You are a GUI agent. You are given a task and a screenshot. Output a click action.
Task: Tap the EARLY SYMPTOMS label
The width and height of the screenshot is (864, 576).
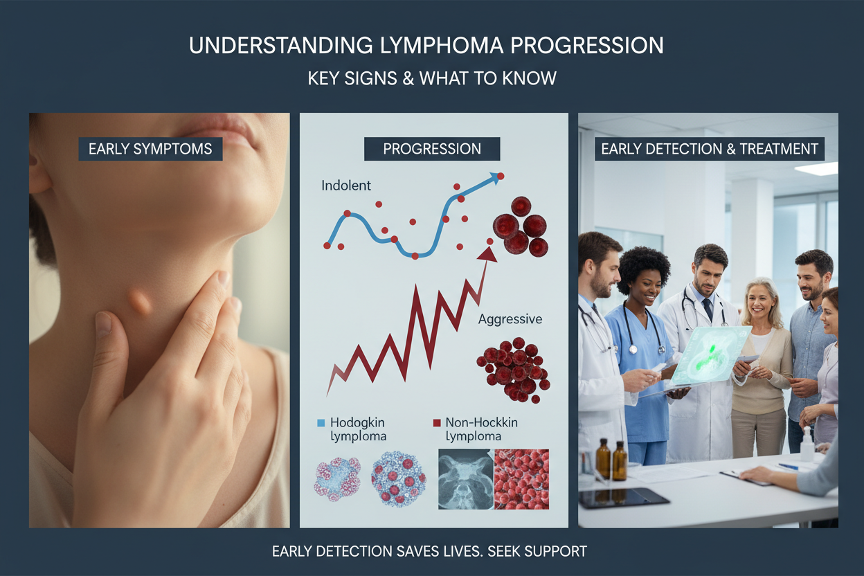pos(150,149)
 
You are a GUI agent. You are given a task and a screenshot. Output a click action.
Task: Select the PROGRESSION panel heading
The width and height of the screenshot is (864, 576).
pos(432,149)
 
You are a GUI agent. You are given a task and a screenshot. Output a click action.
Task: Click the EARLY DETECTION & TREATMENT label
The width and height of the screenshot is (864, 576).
pos(710,149)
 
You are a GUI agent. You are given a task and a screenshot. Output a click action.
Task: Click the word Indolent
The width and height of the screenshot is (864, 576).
pos(346,186)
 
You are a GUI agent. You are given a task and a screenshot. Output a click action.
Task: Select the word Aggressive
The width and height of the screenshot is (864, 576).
pos(510,319)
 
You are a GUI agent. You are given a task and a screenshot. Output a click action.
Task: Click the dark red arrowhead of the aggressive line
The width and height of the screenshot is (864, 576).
pos(487,255)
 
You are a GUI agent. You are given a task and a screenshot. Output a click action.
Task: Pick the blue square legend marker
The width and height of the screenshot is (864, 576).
pos(321,423)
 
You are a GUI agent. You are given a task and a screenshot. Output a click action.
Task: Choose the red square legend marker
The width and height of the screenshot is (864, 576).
pos(437,423)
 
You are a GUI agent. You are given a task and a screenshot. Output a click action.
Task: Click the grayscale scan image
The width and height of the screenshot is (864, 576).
pos(466,479)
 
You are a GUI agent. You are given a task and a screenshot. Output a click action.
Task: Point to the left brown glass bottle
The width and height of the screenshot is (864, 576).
pos(603,459)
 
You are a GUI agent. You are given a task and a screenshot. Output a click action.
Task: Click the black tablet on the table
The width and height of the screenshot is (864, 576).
pos(624,498)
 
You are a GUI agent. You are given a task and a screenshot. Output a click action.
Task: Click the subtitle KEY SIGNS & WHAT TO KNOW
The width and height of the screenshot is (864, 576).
pos(432,78)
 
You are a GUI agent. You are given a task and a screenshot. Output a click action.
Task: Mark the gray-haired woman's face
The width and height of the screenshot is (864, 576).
pos(759,303)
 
